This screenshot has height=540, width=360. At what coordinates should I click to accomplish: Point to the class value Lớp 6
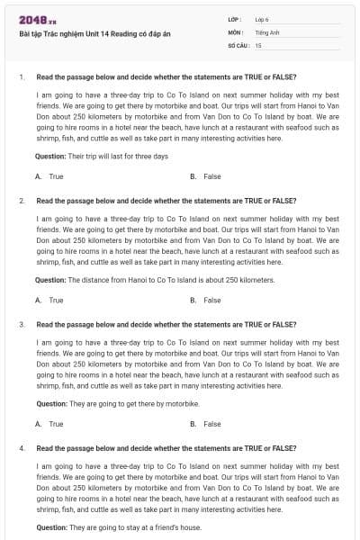261,19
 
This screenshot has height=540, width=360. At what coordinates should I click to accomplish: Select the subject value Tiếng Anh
265,31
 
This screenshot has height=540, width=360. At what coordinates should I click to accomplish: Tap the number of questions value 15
258,44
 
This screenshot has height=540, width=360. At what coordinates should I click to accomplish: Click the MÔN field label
236,31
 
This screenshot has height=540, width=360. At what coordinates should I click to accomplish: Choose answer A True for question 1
49,176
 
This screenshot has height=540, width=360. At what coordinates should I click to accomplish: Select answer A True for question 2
49,300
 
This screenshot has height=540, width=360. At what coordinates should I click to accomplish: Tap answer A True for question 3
49,423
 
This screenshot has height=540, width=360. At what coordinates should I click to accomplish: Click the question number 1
21,77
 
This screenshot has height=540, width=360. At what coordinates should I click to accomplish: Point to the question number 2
21,201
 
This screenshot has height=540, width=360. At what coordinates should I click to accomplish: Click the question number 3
21,324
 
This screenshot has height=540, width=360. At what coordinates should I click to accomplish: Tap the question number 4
21,447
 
